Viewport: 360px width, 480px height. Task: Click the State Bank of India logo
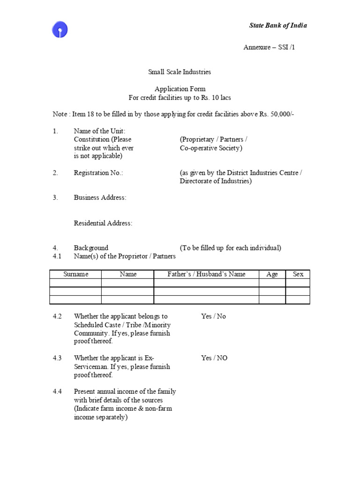60,30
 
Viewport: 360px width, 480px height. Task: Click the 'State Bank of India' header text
277,25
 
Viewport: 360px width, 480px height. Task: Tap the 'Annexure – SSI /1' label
269,47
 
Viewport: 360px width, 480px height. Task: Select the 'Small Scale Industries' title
180,72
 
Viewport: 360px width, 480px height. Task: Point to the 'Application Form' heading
180,89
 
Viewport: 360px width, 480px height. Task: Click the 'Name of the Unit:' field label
99,131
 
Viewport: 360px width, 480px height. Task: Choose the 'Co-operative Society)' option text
211,148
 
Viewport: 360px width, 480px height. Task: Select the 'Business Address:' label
100,198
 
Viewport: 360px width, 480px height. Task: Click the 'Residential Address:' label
103,223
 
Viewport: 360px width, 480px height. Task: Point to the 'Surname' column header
75,274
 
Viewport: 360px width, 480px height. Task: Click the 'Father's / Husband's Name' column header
206,274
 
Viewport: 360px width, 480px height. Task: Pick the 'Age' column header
272,274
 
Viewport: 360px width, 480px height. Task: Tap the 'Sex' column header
298,274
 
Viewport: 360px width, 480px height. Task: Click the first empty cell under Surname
75,283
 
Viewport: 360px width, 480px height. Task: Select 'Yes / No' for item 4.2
213,316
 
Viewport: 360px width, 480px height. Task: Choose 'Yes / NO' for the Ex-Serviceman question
214,358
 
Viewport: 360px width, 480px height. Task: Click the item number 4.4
57,391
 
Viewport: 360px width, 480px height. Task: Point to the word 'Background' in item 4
91,248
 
